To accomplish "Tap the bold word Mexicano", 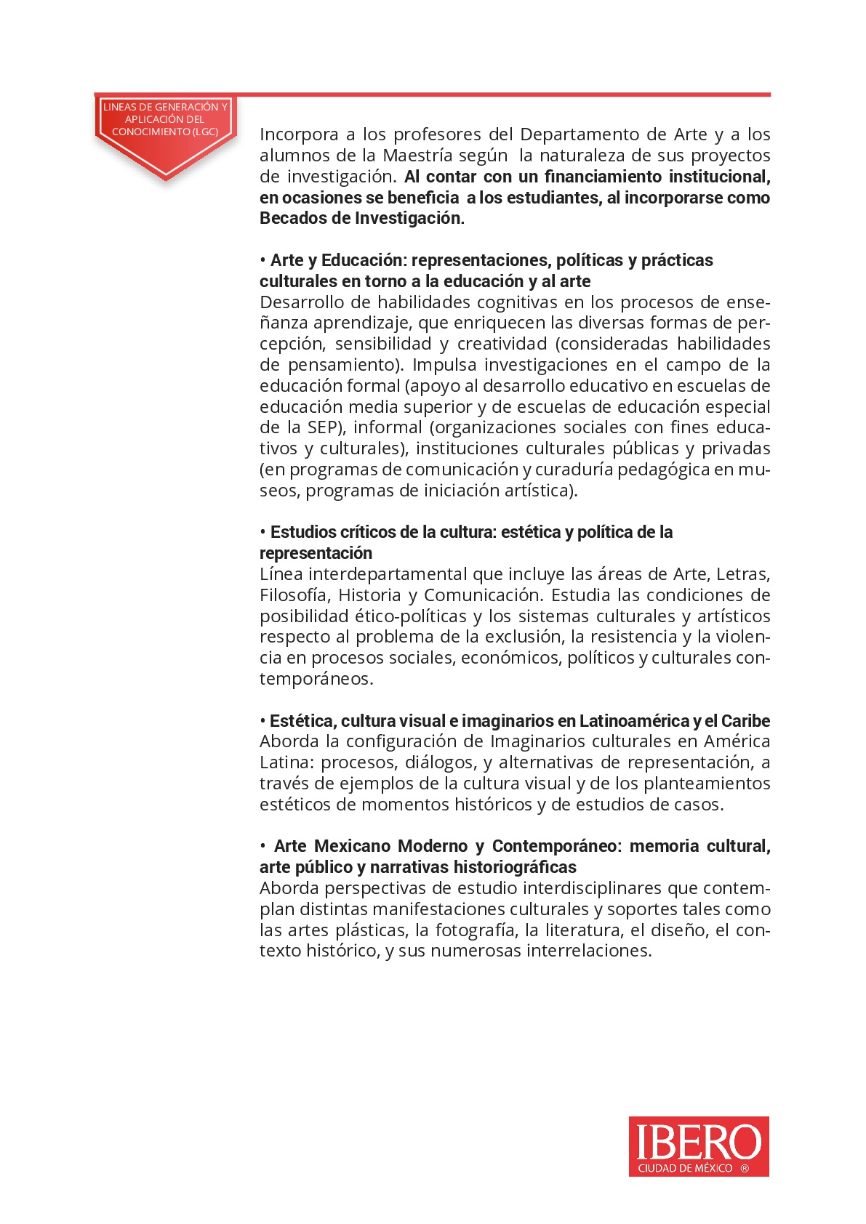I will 353,846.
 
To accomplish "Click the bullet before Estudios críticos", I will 263,533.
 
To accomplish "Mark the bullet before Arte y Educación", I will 263,261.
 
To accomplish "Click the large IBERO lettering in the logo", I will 698,1142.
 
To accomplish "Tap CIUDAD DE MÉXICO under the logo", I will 685,1169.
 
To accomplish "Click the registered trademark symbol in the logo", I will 745,1169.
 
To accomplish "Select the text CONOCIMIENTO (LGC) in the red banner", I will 165,132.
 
